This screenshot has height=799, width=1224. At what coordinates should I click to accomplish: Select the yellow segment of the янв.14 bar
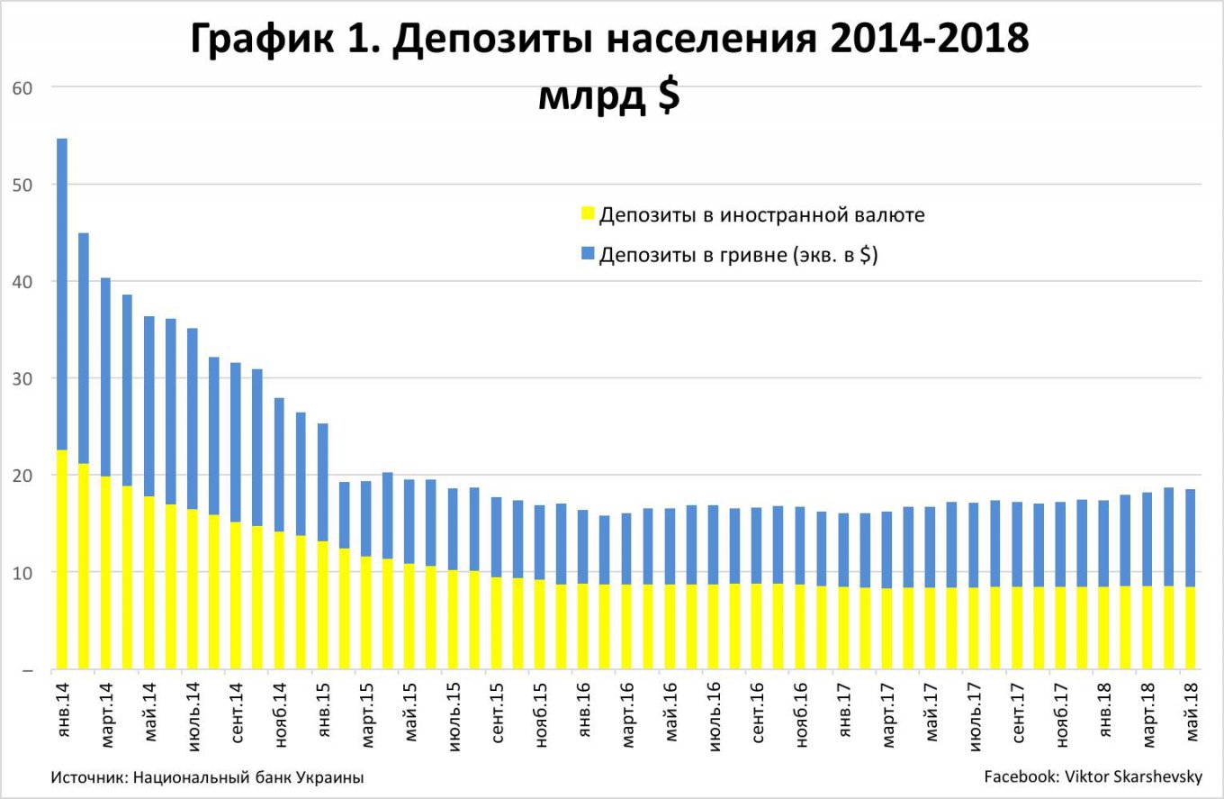tap(62, 558)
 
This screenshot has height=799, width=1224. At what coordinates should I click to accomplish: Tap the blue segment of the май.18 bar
tap(1189, 538)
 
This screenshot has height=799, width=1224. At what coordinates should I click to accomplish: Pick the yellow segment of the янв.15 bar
tap(322, 604)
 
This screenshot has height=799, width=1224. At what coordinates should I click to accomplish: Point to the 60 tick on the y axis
tap(22, 87)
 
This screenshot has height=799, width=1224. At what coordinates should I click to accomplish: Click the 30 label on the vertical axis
tap(22, 378)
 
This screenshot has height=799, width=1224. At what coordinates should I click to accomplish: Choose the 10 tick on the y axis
tap(22, 572)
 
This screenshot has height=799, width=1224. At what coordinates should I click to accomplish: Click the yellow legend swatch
tap(589, 214)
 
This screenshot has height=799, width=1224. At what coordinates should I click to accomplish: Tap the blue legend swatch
tap(589, 255)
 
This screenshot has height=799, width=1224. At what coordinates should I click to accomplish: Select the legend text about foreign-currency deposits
tap(761, 215)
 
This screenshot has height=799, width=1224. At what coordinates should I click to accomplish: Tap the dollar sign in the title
tap(668, 97)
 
